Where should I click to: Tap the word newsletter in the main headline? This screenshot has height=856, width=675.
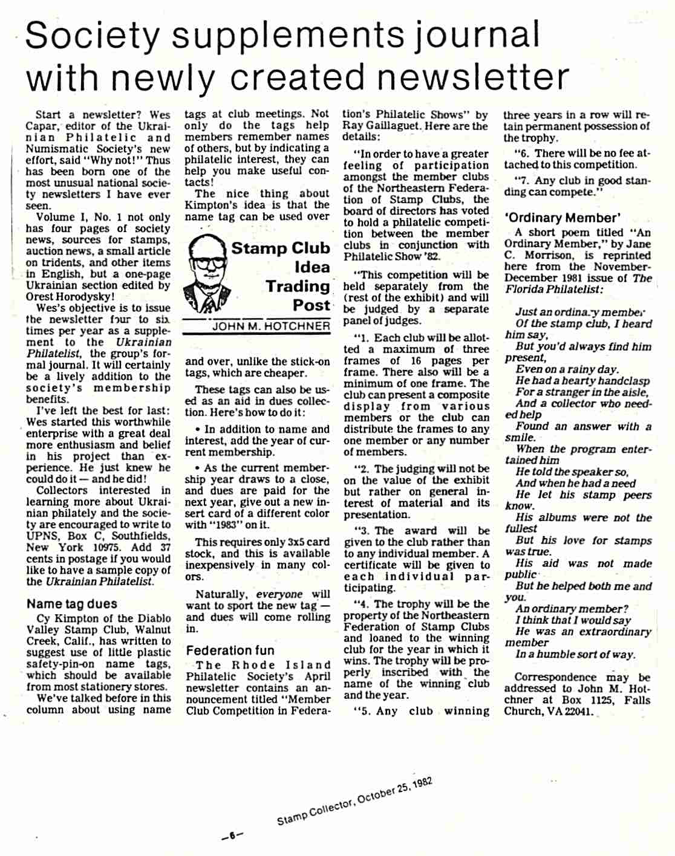pos(474,78)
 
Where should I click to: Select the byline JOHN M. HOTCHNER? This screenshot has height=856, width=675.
pos(271,326)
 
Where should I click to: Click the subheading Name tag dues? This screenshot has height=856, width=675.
pos(72,604)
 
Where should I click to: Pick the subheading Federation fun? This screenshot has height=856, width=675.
pos(230,651)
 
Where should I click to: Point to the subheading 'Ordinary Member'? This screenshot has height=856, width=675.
pos(562,218)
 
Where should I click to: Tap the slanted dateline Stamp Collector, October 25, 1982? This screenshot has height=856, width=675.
pos(354,801)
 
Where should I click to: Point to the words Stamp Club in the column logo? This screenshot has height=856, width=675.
pos(281,248)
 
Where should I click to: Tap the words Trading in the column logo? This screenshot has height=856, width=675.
pos(298,287)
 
